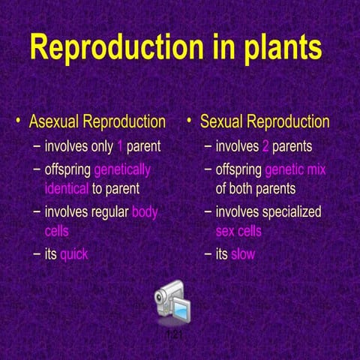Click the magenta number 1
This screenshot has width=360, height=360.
click(119, 146)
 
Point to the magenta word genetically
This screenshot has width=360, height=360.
click(121, 169)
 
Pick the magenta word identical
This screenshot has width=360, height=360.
click(66, 188)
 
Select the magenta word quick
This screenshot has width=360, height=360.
click(74, 254)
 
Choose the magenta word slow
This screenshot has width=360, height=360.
click(243, 254)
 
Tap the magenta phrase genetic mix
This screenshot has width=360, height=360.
click(295, 169)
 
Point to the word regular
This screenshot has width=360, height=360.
click(106, 211)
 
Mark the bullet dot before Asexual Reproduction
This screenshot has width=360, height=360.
click(19, 121)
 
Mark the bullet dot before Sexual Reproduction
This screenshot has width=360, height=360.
click(190, 121)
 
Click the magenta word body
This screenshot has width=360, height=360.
click(145, 211)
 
